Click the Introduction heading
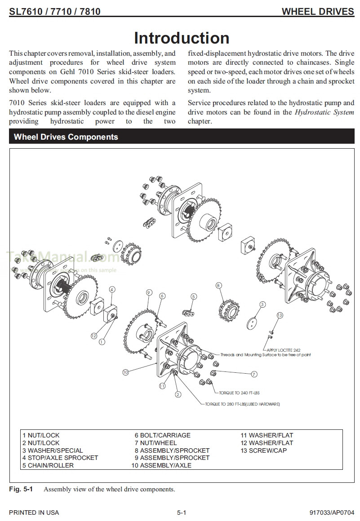point(182,38)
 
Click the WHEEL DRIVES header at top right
point(318,12)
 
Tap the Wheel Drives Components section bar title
point(66,137)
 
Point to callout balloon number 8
point(218,286)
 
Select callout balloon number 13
point(280,315)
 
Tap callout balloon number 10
point(125,372)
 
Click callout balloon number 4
point(112,290)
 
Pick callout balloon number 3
point(262,305)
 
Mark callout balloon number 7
point(254,374)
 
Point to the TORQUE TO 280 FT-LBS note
point(242,404)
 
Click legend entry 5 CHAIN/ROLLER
point(48,465)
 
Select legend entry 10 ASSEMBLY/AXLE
point(161,465)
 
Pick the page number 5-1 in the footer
point(182,512)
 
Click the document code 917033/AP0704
point(332,512)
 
